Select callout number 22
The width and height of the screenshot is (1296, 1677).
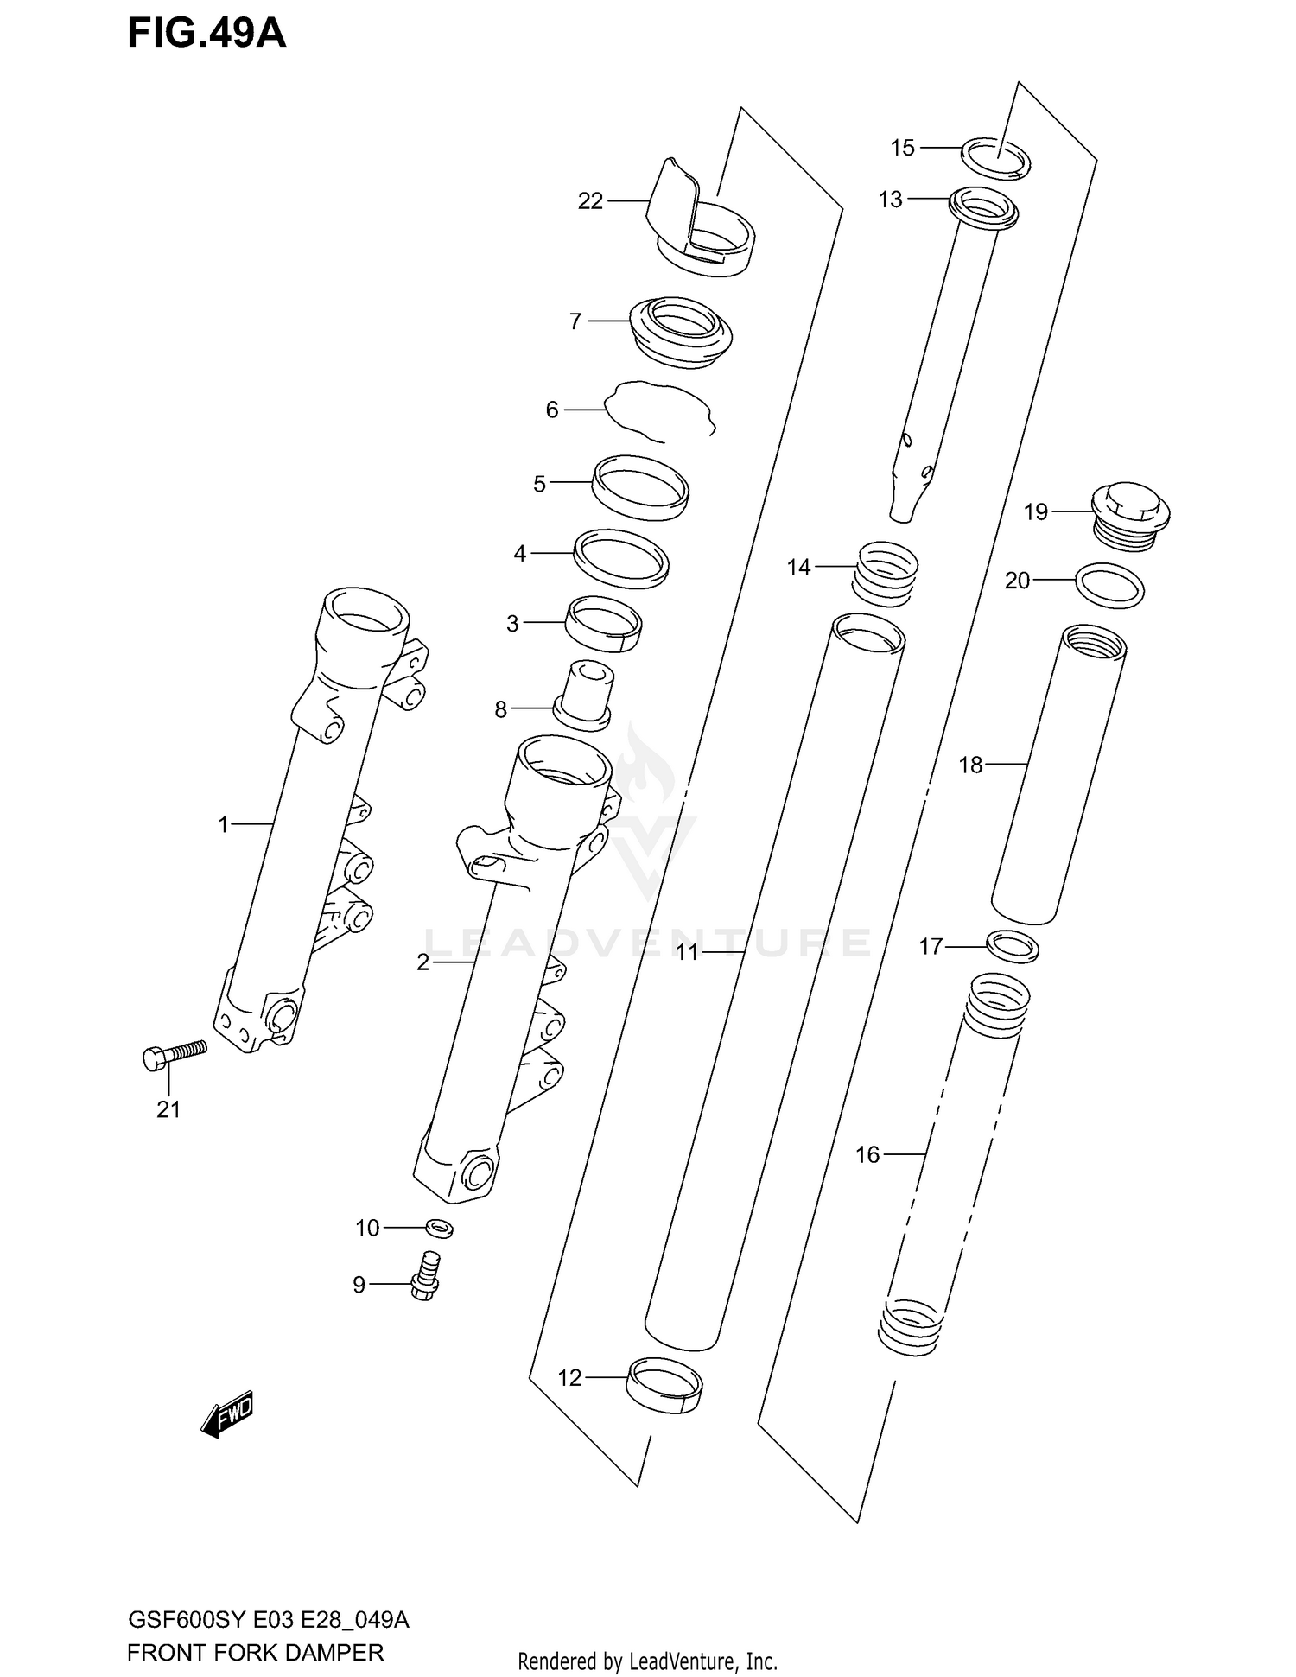590,201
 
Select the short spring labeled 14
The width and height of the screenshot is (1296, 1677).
885,574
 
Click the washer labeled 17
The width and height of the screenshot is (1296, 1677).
1012,947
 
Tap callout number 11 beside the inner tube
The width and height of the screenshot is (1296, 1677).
687,952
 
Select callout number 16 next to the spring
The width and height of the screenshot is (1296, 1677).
867,1154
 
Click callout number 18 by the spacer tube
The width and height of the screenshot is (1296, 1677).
970,765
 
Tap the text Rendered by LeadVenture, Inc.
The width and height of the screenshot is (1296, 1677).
647,1661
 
